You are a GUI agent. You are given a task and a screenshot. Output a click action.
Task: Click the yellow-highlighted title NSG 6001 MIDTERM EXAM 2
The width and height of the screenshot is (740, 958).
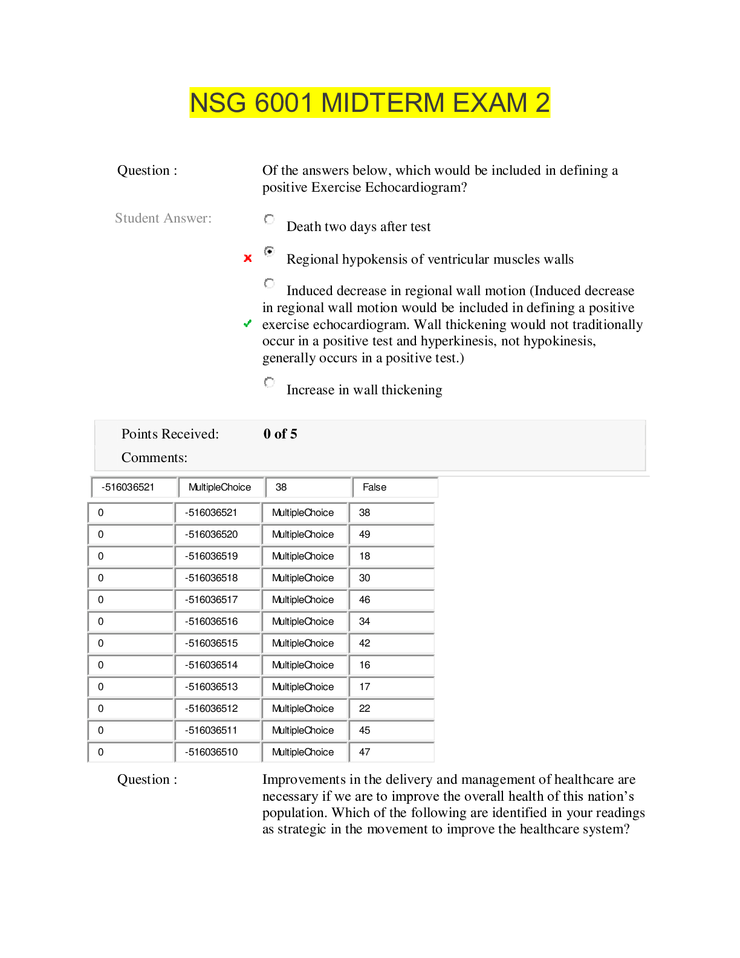(x=369, y=103)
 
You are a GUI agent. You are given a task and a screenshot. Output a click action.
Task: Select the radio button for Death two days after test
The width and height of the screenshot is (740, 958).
(x=269, y=219)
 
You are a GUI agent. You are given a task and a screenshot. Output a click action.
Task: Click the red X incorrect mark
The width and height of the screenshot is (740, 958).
(x=247, y=258)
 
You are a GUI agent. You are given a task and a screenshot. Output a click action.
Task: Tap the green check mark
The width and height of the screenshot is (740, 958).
(x=247, y=324)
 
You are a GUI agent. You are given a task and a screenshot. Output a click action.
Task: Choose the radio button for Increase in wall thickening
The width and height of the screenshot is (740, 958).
(x=269, y=382)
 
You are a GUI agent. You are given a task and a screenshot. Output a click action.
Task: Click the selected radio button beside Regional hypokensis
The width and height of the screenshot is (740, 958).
(x=269, y=251)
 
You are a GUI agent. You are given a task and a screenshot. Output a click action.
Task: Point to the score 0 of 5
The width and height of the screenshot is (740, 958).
(x=280, y=434)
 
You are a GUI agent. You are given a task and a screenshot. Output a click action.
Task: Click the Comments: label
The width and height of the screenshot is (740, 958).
(x=154, y=458)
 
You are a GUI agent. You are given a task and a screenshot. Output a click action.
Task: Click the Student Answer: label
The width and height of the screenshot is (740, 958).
(x=163, y=218)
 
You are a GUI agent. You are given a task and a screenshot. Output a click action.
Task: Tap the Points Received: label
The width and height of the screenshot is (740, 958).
(x=170, y=434)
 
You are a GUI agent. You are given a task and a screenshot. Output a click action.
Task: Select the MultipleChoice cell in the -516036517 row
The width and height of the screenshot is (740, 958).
(x=303, y=600)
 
